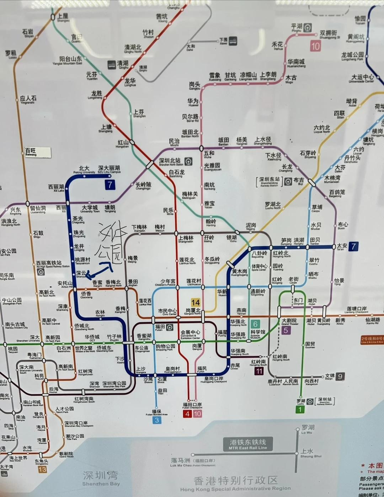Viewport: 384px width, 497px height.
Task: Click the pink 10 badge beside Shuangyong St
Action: [315, 46]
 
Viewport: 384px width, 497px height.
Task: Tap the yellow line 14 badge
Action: [196, 302]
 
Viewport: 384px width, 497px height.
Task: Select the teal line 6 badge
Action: [255, 324]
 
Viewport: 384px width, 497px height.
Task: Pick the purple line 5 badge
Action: [285, 330]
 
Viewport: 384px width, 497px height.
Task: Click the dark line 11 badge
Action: [259, 371]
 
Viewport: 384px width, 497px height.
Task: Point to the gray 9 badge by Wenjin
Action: [340, 376]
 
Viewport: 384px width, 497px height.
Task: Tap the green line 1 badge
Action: [300, 409]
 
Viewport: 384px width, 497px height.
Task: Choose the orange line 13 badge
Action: [42, 469]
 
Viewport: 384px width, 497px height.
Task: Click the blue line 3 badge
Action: [156, 420]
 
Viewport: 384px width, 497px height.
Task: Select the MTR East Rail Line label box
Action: [248, 444]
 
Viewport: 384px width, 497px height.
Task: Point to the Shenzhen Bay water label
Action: [101, 478]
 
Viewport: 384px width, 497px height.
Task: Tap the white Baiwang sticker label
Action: [37, 152]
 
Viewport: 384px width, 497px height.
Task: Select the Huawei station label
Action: [193, 102]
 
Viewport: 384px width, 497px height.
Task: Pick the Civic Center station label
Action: [167, 312]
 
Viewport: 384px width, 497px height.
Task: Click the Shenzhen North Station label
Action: [170, 162]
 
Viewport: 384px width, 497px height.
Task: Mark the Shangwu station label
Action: [63, 17]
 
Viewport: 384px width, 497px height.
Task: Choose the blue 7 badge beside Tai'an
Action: [353, 246]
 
